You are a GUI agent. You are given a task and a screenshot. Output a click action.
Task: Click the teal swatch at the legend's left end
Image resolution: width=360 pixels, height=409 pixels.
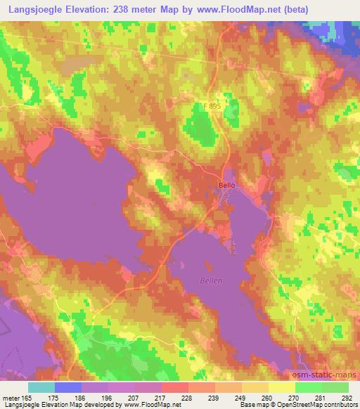(x=41, y=387)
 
